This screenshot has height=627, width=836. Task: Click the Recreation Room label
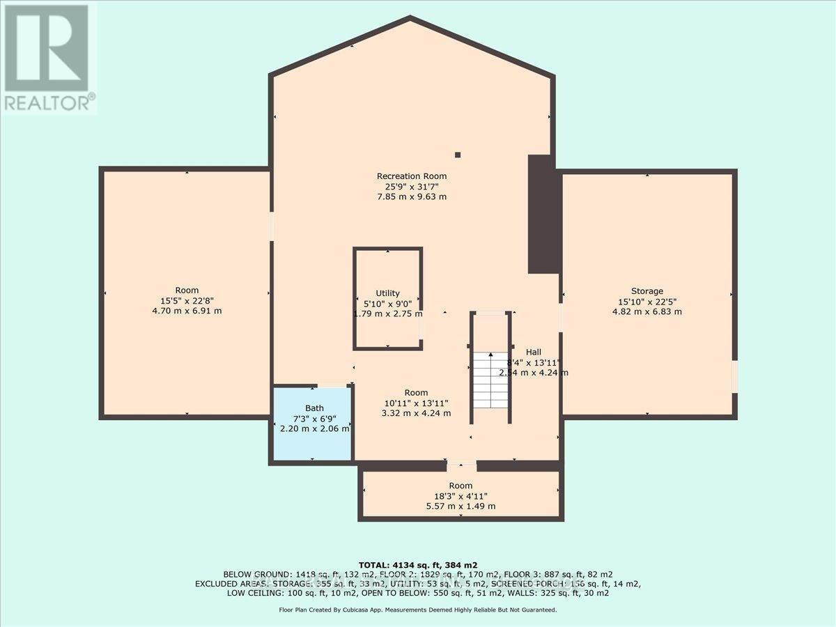(x=411, y=176)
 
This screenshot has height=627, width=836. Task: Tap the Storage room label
(x=647, y=291)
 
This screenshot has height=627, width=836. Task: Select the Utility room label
(x=387, y=294)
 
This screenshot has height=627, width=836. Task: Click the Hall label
(x=534, y=353)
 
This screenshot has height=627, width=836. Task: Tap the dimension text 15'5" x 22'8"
(x=187, y=301)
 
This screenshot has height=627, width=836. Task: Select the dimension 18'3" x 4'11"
(x=460, y=496)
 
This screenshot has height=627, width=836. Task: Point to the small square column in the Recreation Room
(x=458, y=155)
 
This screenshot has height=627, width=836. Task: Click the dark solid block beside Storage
(x=540, y=215)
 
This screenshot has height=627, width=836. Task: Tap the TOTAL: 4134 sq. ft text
(x=417, y=564)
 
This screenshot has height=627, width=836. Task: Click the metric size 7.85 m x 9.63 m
(x=411, y=197)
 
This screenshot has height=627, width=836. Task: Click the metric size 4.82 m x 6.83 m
(x=647, y=311)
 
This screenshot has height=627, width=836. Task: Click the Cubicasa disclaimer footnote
(x=418, y=610)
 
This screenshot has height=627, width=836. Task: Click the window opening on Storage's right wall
(x=734, y=376)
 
